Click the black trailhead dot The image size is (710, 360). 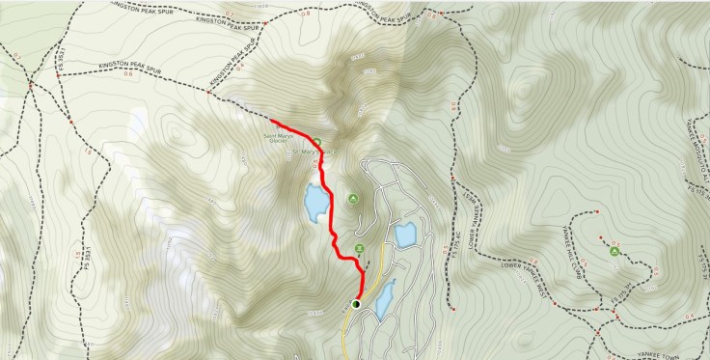355,305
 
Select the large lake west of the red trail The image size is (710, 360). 314,204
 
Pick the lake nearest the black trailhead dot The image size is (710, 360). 384,299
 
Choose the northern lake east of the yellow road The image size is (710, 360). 404,235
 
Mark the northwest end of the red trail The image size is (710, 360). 275,123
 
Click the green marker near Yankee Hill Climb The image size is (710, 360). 615,252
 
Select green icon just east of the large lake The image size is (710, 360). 353,200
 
